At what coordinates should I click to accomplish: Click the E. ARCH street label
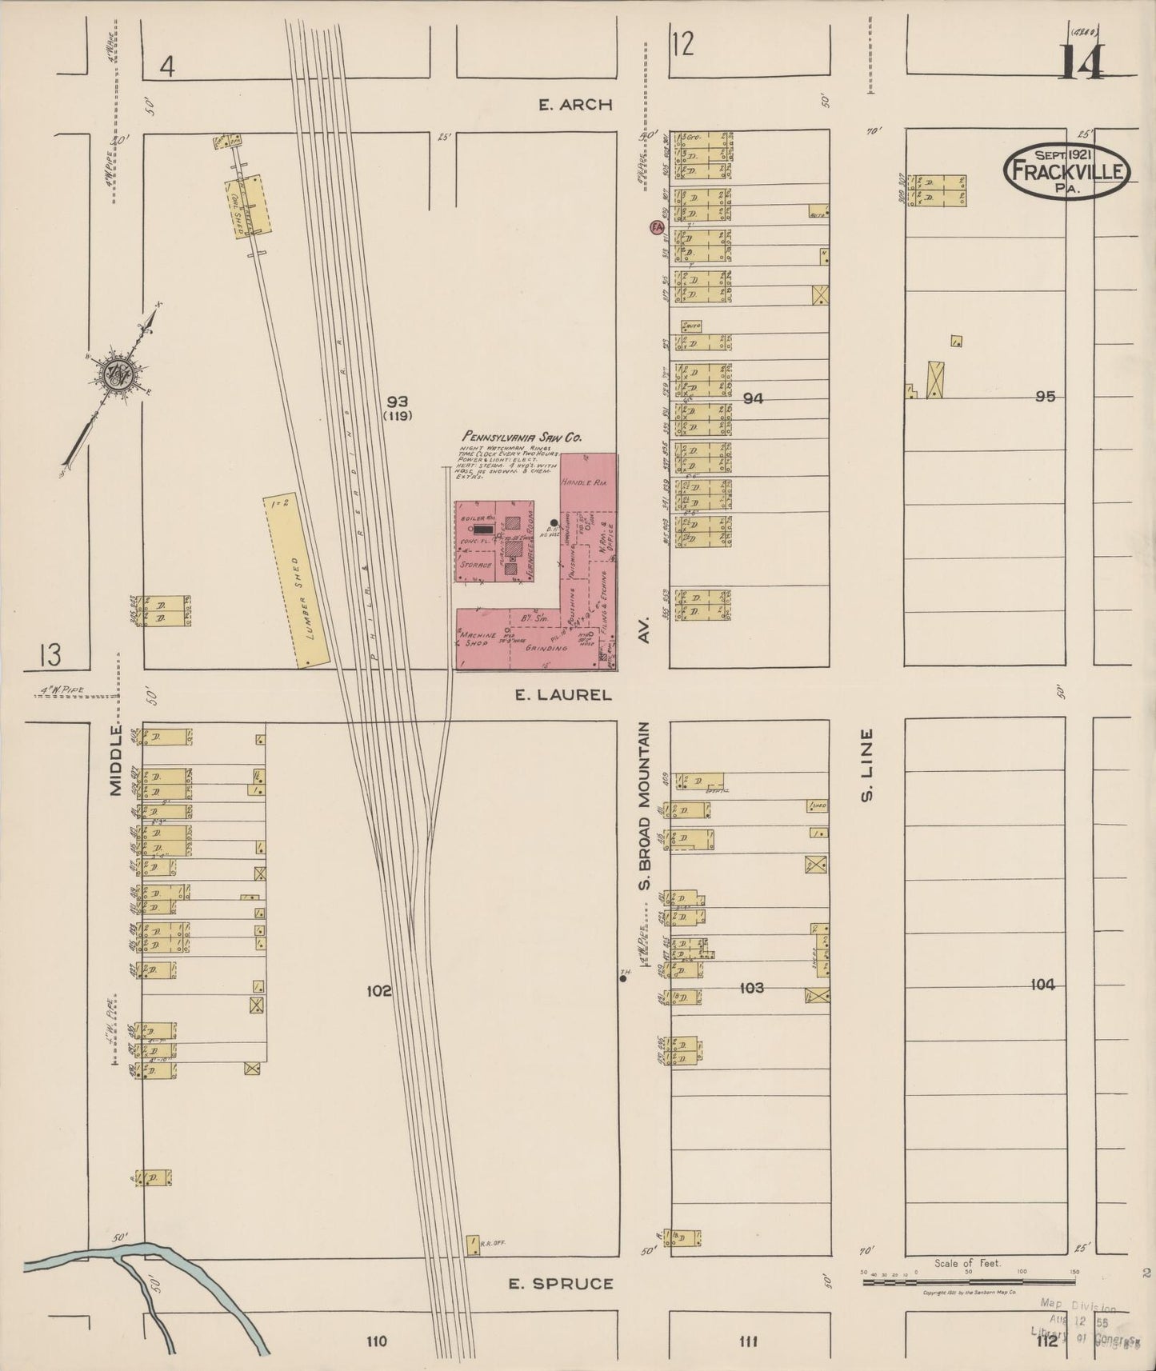coord(575,104)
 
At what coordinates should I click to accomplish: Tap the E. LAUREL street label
coord(563,695)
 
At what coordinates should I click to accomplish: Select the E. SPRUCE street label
coord(562,1284)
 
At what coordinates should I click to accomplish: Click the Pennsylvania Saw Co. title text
coord(521,438)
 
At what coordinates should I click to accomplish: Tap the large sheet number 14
coord(1082,62)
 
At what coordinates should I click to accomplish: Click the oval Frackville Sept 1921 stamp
coord(1066,170)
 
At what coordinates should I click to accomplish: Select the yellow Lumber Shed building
coord(297,581)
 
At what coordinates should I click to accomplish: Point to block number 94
coord(752,398)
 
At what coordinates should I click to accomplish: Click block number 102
coord(378,991)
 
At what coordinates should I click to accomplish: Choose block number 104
coord(1042,985)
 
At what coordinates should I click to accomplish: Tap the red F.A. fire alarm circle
coord(657,228)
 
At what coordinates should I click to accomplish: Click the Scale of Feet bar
coord(968,1281)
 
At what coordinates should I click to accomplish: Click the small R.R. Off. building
coord(473,1266)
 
